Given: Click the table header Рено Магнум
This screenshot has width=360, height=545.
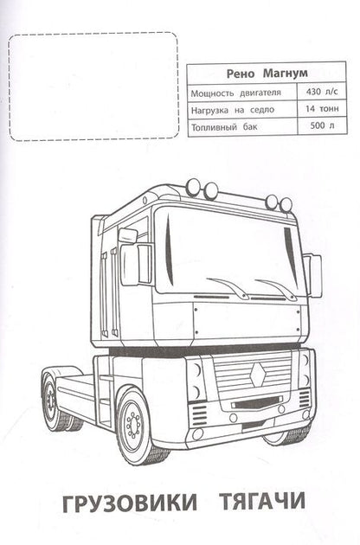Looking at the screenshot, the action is [267, 74].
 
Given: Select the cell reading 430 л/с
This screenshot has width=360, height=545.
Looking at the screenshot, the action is [322, 92].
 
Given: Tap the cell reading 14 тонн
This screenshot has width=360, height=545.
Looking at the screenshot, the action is [322, 109].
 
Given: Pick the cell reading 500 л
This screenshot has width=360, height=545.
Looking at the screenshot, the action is [322, 125].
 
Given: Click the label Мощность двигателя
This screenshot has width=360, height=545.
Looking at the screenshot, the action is [236, 93].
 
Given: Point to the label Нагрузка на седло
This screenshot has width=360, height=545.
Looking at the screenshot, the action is [233, 110].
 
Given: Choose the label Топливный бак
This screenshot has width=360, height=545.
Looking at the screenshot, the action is [224, 126].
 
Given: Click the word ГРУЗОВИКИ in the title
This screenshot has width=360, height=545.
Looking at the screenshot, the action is [130, 502].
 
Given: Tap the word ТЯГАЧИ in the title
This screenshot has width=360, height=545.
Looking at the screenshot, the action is [262, 501].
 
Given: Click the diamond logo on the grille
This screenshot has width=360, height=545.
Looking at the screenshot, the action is [257, 375].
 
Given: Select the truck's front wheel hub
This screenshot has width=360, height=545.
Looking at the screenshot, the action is [133, 423].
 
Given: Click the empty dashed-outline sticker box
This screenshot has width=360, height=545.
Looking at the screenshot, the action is [93, 87].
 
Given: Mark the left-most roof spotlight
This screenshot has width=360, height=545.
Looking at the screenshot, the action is [193, 187].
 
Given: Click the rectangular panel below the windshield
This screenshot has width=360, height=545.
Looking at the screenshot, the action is [247, 320].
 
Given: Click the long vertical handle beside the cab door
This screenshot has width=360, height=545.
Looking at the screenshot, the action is [113, 292].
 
